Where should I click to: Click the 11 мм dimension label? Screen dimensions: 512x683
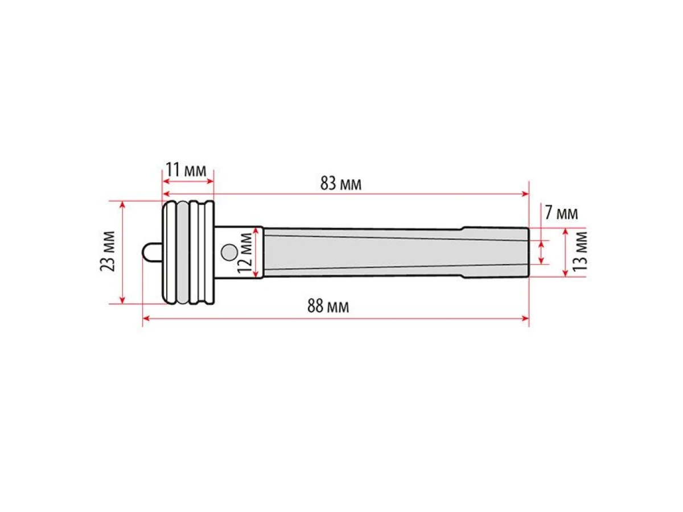pyautogui.click(x=186, y=169)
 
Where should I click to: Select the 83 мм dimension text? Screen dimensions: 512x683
pyautogui.click(x=340, y=184)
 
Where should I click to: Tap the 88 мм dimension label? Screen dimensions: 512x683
pyautogui.click(x=328, y=307)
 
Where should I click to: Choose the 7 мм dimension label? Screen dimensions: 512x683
pyautogui.click(x=561, y=213)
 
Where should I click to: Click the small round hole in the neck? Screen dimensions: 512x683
pyautogui.click(x=229, y=251)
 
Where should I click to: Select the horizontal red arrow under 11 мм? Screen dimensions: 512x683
pyautogui.click(x=188, y=181)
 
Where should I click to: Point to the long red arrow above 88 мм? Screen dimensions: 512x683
pyautogui.click(x=336, y=319)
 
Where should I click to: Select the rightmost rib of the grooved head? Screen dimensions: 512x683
pyautogui.click(x=208, y=252)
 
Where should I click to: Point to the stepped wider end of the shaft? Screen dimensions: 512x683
pyautogui.click(x=495, y=252)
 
